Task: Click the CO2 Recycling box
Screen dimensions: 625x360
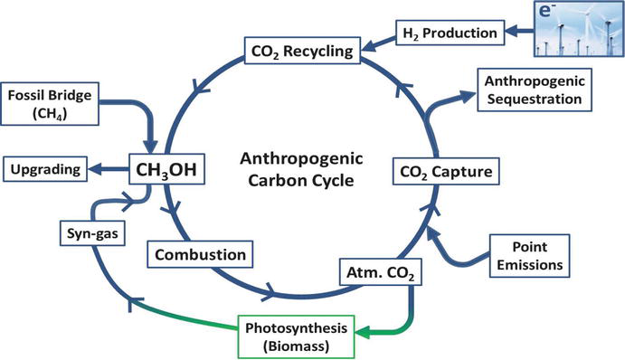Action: coord(302,51)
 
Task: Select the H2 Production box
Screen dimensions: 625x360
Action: coord(450,33)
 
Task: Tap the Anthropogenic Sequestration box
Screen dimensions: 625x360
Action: coord(535,90)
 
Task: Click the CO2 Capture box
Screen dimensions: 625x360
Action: coord(446,172)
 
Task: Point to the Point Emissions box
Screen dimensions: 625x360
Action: coord(530,256)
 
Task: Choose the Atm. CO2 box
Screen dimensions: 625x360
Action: coord(381,272)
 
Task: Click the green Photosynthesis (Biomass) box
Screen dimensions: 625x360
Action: coord(296,336)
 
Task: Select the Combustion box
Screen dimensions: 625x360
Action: coord(200,254)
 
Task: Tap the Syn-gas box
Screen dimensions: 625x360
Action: coord(92,232)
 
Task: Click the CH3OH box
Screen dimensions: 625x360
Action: coord(166,169)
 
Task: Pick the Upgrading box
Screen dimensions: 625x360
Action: coord(45,169)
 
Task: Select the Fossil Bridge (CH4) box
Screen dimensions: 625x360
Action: coord(50,104)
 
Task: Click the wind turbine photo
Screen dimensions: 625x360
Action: coord(579,28)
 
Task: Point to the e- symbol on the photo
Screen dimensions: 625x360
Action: coord(546,10)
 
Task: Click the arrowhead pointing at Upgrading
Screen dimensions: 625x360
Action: coord(95,169)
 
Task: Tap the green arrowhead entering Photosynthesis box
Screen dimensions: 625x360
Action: coord(362,332)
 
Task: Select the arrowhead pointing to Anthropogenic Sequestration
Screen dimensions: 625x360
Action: coord(468,96)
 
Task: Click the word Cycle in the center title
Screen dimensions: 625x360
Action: coord(327,181)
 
